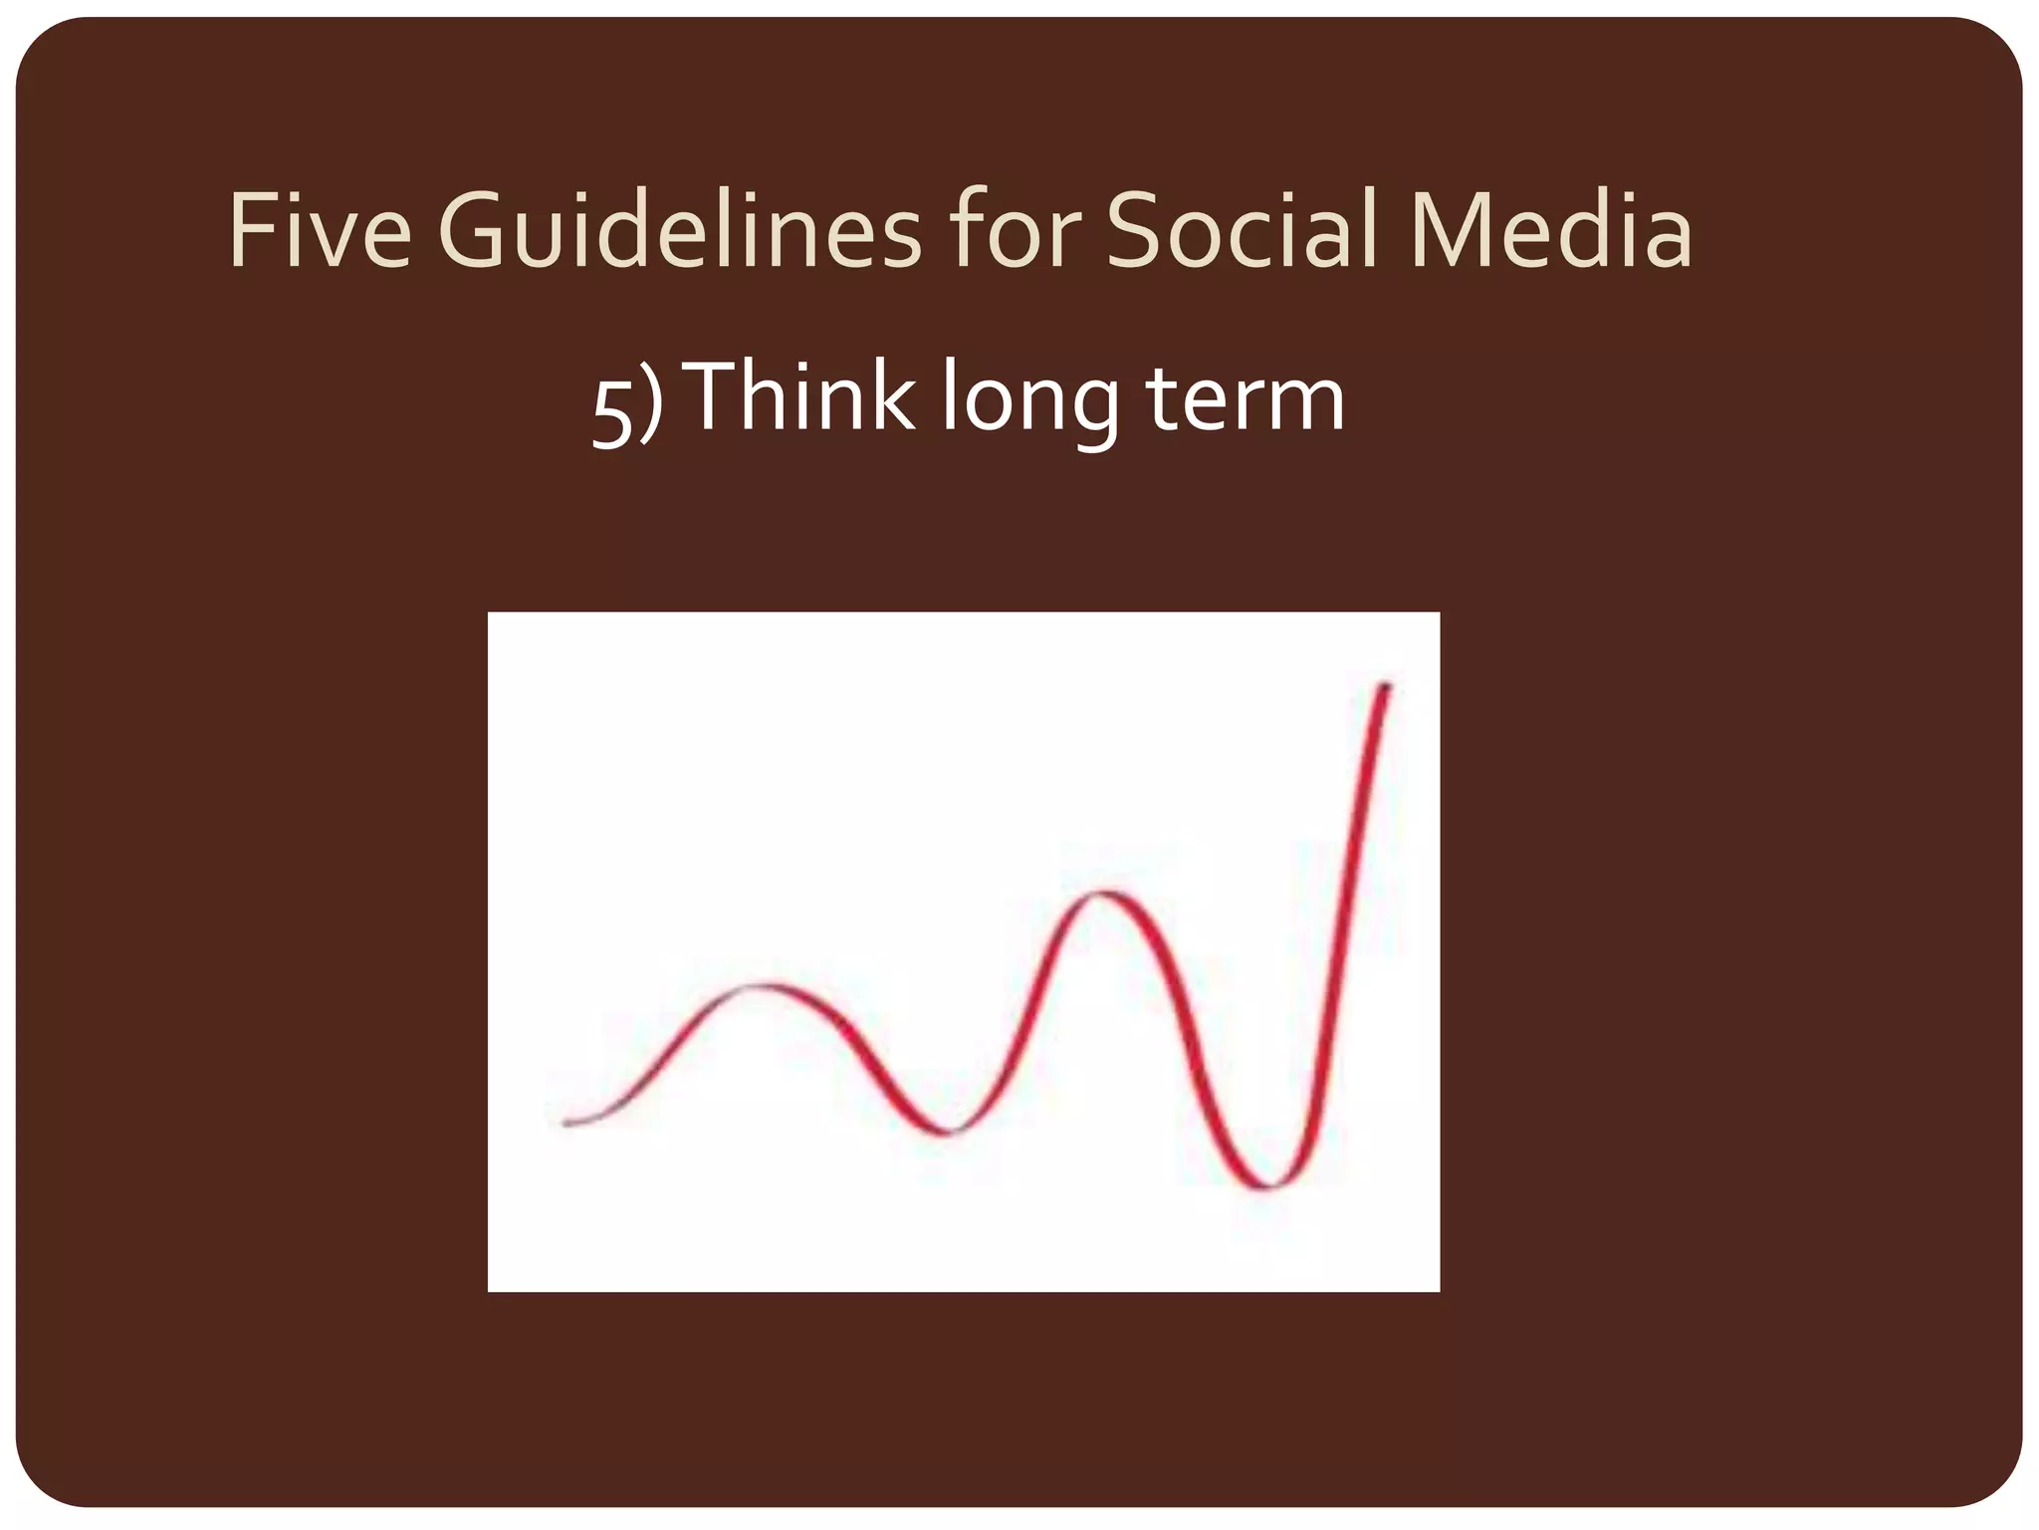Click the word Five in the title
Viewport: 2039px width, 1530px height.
319,231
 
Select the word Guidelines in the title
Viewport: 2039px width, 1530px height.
679,231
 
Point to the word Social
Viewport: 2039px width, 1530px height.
1243,231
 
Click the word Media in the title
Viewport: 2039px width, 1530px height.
1551,231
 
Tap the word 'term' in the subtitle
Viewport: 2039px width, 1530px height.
1245,398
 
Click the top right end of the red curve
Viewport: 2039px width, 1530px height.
1385,686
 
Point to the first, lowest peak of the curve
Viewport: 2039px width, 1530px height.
765,986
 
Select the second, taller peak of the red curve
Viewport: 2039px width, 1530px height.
1103,893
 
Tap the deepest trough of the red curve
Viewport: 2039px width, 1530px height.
1269,1185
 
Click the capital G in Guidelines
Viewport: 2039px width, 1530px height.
472,231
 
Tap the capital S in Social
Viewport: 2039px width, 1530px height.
1135,231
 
